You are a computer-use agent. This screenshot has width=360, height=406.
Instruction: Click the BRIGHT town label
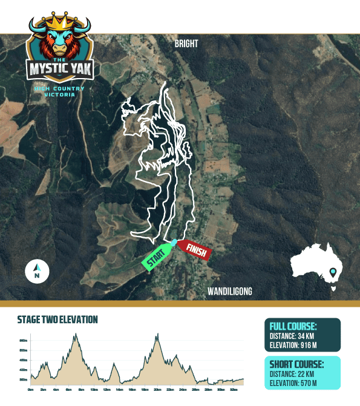(x=186, y=44)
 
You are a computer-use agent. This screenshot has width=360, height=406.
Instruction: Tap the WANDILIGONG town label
(x=230, y=292)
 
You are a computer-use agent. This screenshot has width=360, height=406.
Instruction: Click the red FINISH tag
(x=195, y=249)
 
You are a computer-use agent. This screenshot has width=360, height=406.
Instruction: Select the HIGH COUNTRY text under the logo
(x=59, y=89)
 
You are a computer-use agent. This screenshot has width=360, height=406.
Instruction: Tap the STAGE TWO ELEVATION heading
(x=57, y=319)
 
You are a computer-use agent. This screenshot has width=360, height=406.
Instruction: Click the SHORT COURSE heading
(x=297, y=364)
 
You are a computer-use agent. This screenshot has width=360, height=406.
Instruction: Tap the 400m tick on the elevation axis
(x=23, y=370)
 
